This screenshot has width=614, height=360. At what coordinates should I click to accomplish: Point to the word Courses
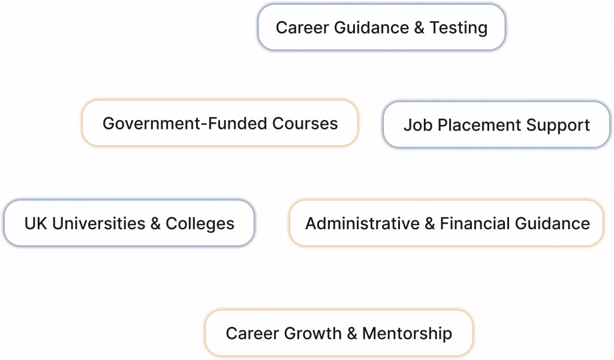(x=306, y=124)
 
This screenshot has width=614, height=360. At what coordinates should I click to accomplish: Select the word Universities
(x=96, y=224)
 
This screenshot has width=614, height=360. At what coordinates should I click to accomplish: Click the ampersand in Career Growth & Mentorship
(x=353, y=333)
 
